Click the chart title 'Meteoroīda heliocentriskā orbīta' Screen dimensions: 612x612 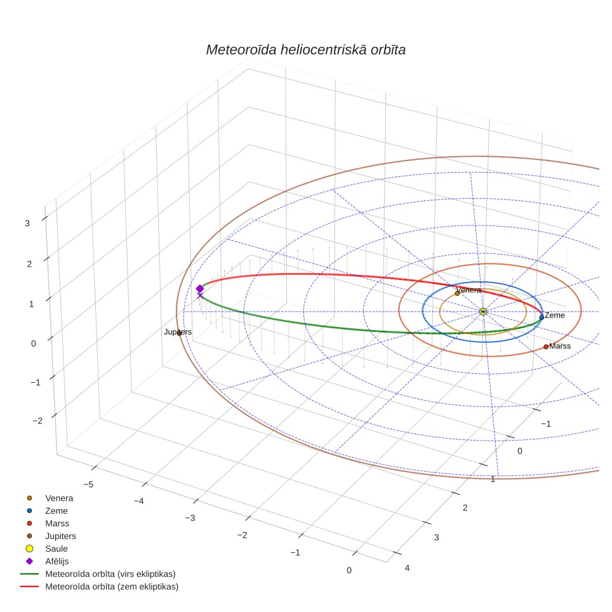click(x=305, y=50)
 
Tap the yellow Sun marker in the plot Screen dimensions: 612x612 click(x=483, y=312)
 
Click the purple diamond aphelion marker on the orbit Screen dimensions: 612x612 click(x=200, y=289)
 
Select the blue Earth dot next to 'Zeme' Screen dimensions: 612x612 click(x=542, y=317)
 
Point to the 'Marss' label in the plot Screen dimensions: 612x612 click(x=560, y=346)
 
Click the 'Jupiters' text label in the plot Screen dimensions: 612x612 click(x=178, y=332)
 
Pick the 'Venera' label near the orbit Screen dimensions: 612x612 click(x=469, y=290)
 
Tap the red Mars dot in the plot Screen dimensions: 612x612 click(x=545, y=347)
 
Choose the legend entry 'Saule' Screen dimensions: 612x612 click(x=57, y=549)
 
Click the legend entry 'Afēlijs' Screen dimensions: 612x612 click(x=57, y=561)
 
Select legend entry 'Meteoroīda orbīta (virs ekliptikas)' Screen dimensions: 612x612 click(x=110, y=574)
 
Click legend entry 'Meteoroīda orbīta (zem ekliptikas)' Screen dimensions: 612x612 click(x=112, y=587)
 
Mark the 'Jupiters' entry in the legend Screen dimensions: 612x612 click(x=60, y=536)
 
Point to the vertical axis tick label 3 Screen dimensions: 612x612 click(x=27, y=223)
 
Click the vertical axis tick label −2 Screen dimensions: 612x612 click(x=38, y=421)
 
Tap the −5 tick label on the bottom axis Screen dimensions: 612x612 click(x=89, y=484)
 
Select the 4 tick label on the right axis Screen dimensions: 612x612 click(x=407, y=568)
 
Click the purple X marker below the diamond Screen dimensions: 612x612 click(x=200, y=296)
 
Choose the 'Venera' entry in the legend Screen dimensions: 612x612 click(x=59, y=498)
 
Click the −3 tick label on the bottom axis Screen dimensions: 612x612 click(x=190, y=518)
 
